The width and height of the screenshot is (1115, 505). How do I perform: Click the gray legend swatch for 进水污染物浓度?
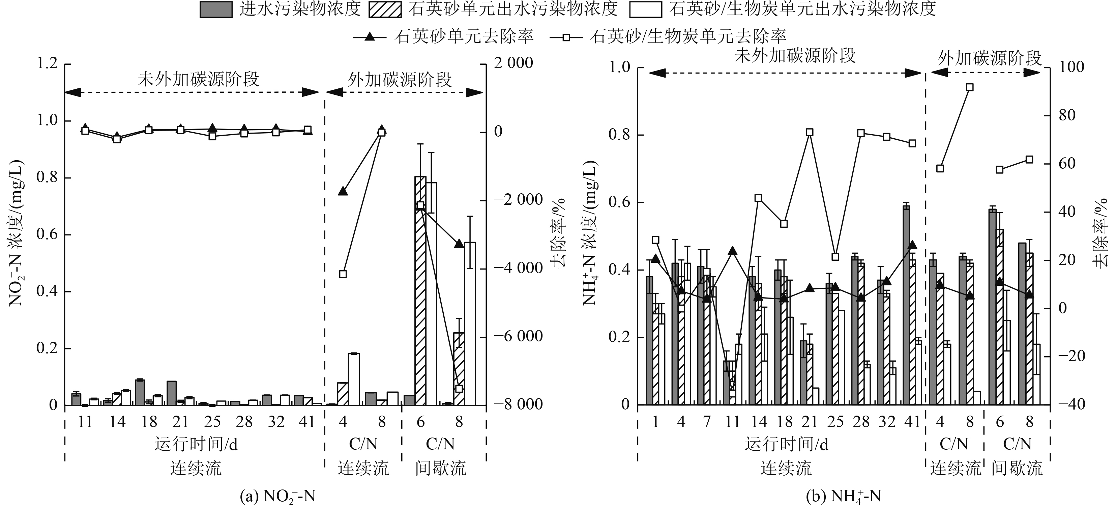tap(215, 9)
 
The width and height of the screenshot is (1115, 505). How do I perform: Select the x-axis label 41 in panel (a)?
tap(307, 421)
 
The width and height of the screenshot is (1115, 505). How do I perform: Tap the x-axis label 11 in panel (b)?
tap(732, 421)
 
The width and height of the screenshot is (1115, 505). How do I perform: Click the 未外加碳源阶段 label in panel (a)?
tap(198, 79)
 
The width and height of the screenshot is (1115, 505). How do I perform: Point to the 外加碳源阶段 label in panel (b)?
tap(990, 58)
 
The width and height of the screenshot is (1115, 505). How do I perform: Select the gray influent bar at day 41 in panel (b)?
tap(906, 305)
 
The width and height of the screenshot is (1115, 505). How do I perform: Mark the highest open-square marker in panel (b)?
tap(970, 87)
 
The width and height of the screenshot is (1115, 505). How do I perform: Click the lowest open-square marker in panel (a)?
tap(459, 388)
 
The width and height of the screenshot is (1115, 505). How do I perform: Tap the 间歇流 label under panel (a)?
tap(441, 468)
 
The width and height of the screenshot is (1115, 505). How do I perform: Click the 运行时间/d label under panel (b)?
tap(787, 444)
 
